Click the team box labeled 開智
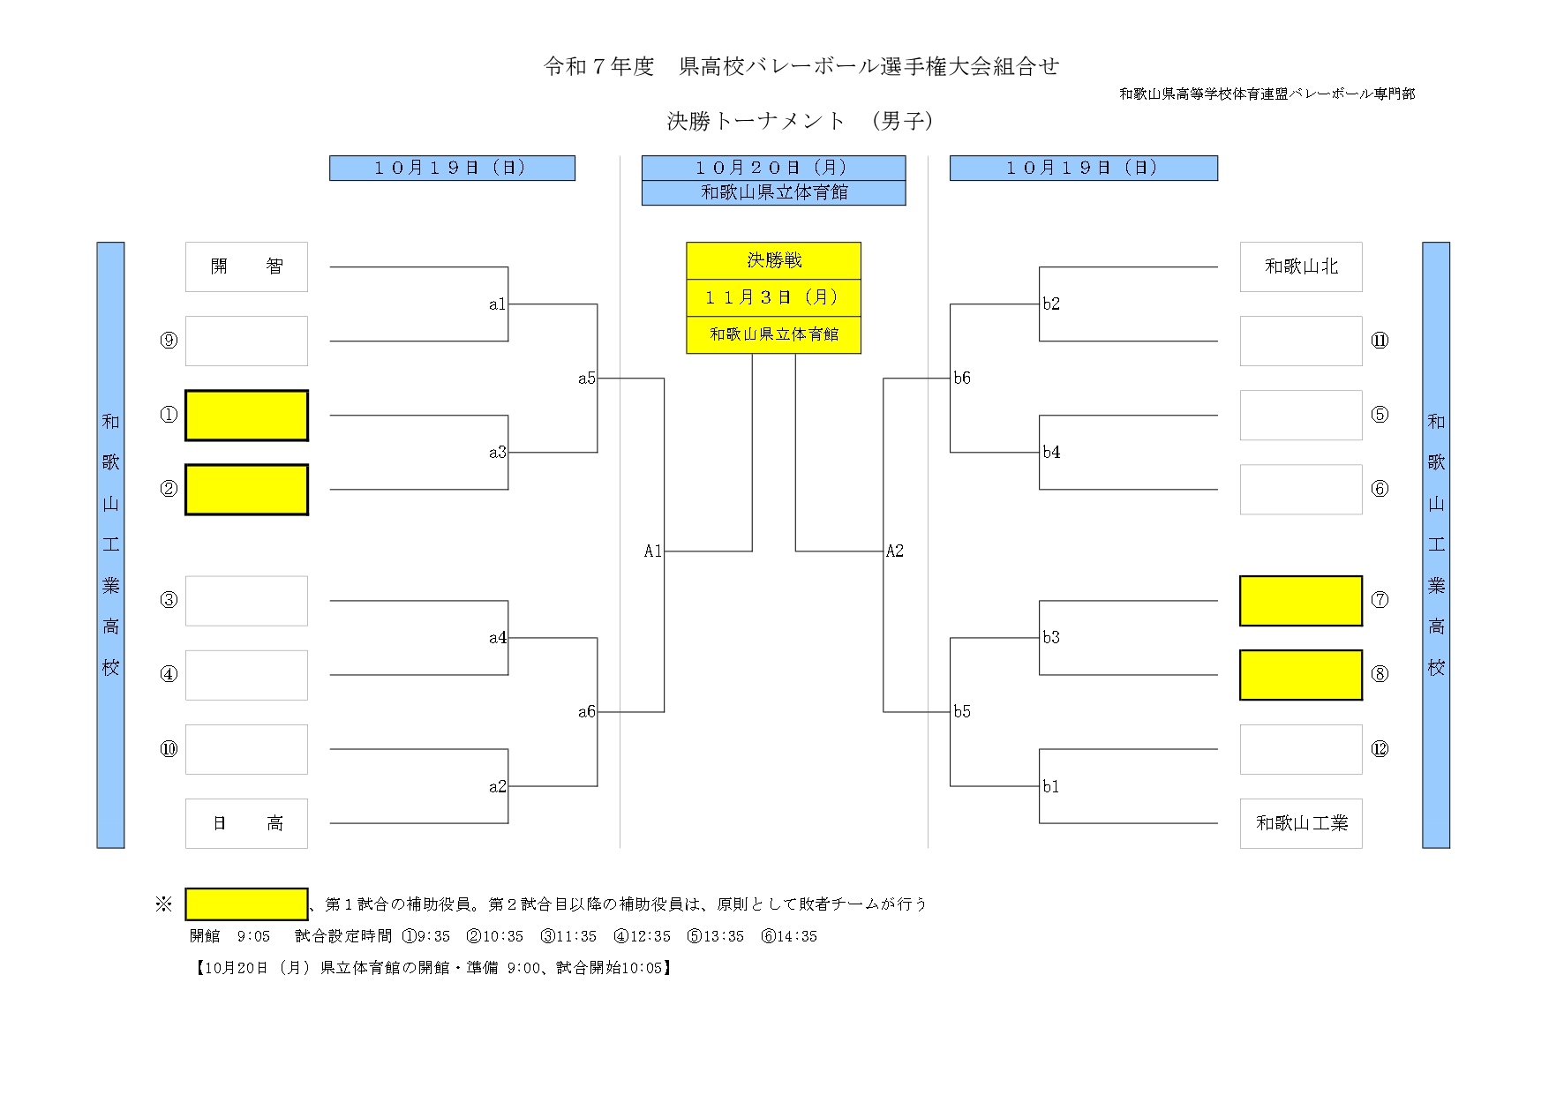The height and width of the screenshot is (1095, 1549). [246, 266]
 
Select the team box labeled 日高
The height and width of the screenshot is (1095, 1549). [246, 823]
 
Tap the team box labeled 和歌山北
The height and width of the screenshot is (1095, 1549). [1300, 266]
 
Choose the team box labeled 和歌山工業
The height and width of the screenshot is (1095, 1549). [1300, 823]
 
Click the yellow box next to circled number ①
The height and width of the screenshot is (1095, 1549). [246, 415]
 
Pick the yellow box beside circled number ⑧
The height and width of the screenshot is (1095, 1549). [1300, 675]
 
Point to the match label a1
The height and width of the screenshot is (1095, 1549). [497, 304]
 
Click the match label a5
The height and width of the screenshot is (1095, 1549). [587, 379]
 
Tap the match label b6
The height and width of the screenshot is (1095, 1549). [962, 379]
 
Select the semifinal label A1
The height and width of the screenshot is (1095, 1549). [652, 551]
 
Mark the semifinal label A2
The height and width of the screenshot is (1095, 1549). [895, 551]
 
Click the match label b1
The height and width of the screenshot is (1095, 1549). [1050, 786]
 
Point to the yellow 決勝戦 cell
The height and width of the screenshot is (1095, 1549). [773, 260]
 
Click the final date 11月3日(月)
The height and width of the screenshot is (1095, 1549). [773, 297]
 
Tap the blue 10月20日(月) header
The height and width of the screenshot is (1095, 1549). [773, 168]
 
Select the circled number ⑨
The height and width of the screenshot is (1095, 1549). [169, 341]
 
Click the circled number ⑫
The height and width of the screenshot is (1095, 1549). [1380, 749]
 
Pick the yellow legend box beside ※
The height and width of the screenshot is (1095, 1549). [246, 904]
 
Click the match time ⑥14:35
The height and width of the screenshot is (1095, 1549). [789, 936]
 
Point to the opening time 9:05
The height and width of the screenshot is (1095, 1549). [253, 936]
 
